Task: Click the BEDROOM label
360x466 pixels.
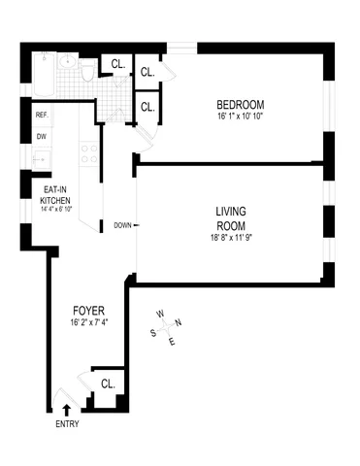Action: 240,105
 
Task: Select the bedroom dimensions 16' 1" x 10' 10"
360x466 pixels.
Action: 240,117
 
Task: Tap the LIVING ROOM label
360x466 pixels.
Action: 234,217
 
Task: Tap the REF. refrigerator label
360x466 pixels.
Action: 42,116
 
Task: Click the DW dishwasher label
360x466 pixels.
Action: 42,137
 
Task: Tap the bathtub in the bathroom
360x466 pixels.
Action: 42,73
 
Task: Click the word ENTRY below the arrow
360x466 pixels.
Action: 68,423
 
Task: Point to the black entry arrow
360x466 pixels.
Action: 67,408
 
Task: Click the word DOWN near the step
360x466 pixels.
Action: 121,225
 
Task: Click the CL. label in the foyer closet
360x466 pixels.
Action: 106,383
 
